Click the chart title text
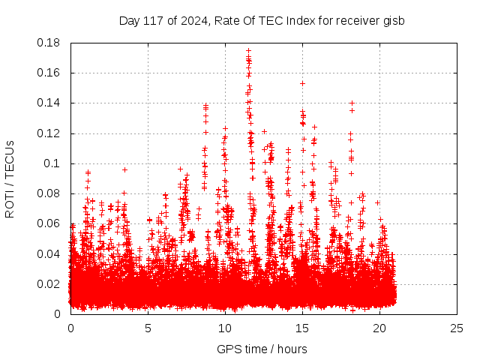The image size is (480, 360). tap(262, 20)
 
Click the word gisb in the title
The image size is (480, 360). tap(393, 20)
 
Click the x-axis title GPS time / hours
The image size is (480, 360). tap(262, 349)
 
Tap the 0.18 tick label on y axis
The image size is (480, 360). tap(50, 43)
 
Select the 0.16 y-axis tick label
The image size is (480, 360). tap(50, 73)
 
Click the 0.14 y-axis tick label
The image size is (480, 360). tap(50, 103)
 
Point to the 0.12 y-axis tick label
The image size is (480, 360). tap(50, 133)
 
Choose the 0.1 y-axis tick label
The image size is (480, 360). tap(54, 163)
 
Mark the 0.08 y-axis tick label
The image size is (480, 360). tap(50, 193)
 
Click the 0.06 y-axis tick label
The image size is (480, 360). tap(50, 223)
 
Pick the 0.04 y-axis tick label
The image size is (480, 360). tap(50, 253)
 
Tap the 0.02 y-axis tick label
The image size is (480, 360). tap(50, 284)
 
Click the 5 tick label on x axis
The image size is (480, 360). tap(148, 328)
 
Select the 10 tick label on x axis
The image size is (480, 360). tap(225, 328)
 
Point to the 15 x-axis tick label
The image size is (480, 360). tap(302, 328)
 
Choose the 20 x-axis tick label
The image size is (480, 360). tap(379, 328)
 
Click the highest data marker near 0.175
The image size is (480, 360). tap(248, 51)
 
